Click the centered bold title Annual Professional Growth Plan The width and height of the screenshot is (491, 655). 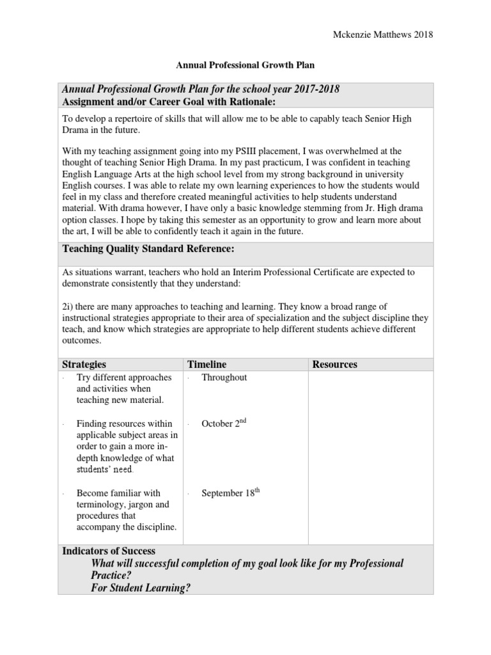[x=245, y=65]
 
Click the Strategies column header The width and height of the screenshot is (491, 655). [x=84, y=364]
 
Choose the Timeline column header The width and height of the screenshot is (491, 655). [x=207, y=364]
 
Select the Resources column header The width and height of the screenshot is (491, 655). [x=335, y=364]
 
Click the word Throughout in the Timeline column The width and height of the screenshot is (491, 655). [x=224, y=377]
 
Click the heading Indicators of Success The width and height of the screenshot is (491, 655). [x=109, y=550]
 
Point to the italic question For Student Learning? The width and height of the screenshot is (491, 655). [x=141, y=588]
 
